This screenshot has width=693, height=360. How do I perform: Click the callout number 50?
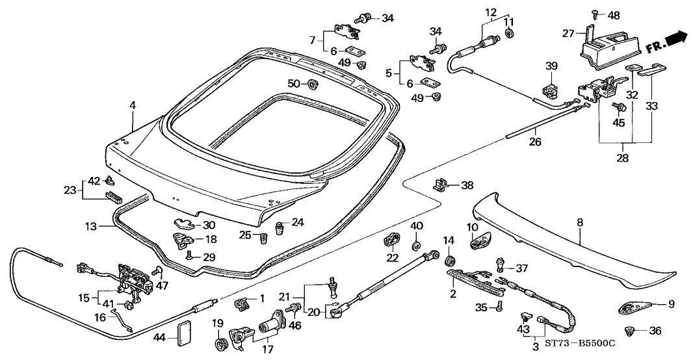pyautogui.click(x=293, y=84)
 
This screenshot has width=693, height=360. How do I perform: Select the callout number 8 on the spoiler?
pyautogui.click(x=579, y=222)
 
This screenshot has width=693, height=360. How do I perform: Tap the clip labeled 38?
pyautogui.click(x=441, y=185)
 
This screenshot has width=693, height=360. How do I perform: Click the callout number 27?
pyautogui.click(x=568, y=33)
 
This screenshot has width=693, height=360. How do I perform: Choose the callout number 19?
pyautogui.click(x=216, y=323)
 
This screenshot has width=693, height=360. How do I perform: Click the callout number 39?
pyautogui.click(x=551, y=66)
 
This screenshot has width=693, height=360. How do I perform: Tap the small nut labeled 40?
pyautogui.click(x=417, y=246)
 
